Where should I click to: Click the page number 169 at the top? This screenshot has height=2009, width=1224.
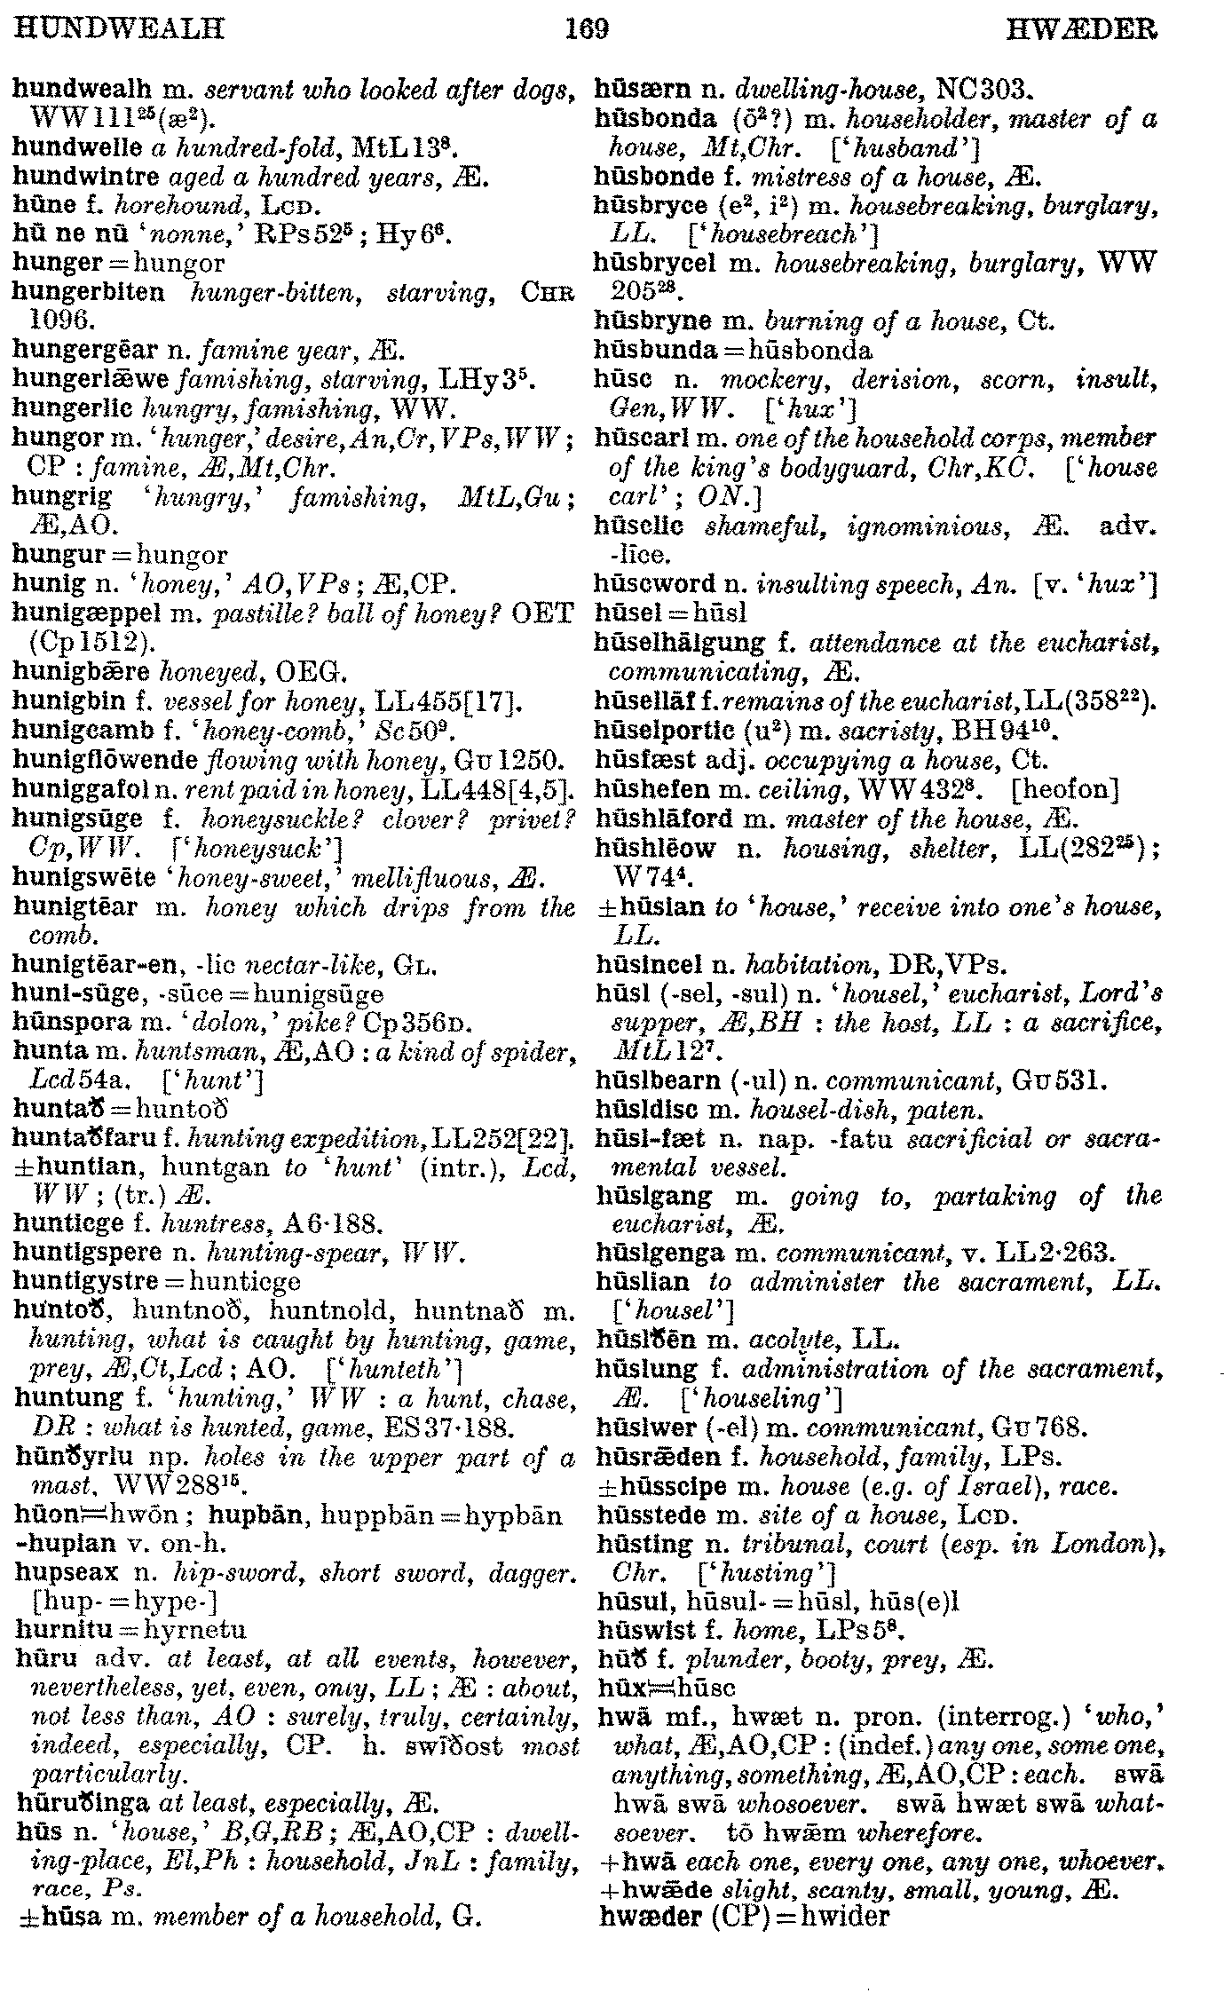click(x=588, y=30)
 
